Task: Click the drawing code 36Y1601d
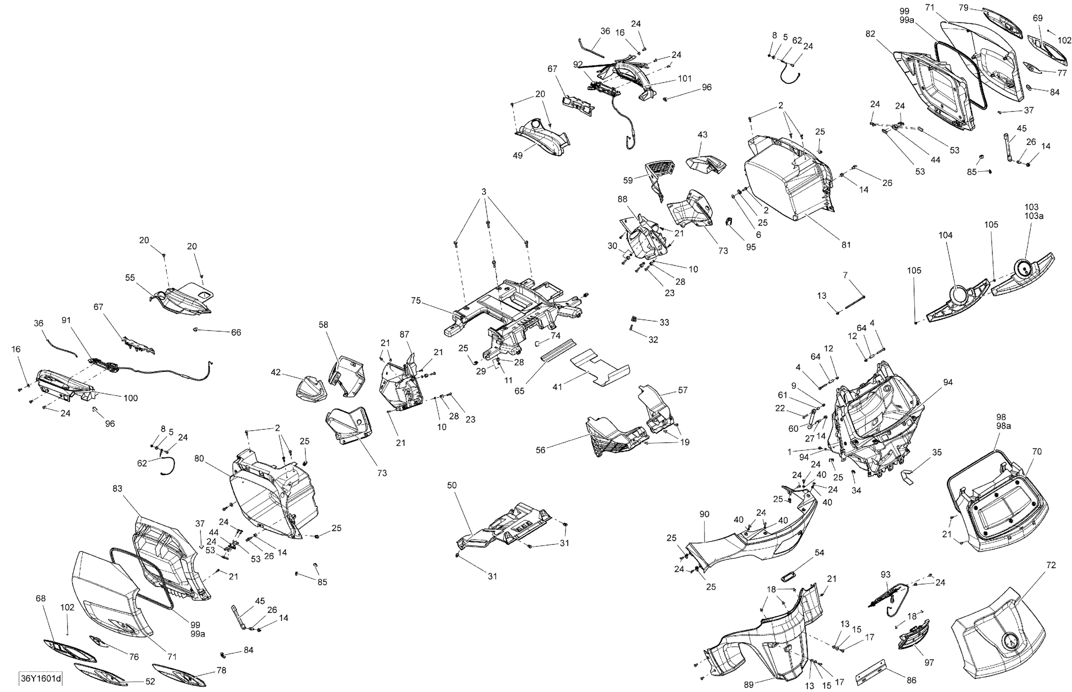click(40, 678)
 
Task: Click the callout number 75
click(416, 301)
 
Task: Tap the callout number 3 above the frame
click(484, 192)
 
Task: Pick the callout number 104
click(946, 235)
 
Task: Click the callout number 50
click(452, 485)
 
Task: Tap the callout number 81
click(846, 245)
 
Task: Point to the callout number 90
click(704, 514)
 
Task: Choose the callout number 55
click(130, 278)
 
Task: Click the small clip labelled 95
click(729, 222)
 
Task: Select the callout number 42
click(276, 372)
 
